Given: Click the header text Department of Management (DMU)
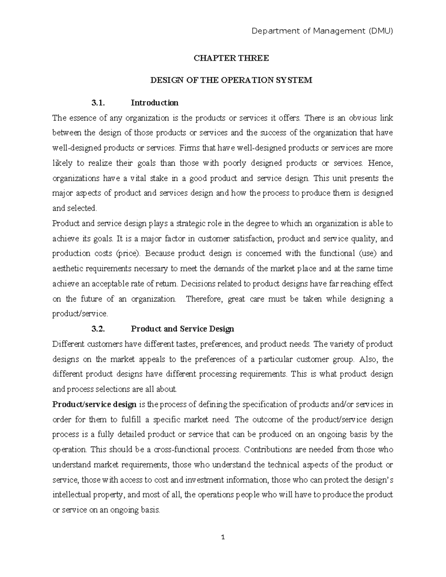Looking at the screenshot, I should point(322,31).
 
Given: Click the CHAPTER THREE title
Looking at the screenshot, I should point(230,58).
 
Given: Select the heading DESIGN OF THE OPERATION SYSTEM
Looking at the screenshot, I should point(230,80).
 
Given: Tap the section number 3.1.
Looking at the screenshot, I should point(98,103).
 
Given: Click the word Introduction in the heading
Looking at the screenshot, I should point(154,103).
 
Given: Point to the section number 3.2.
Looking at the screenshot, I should point(98,329).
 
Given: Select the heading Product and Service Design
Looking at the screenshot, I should point(182,329).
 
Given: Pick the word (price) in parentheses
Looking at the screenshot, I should point(129,254).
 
